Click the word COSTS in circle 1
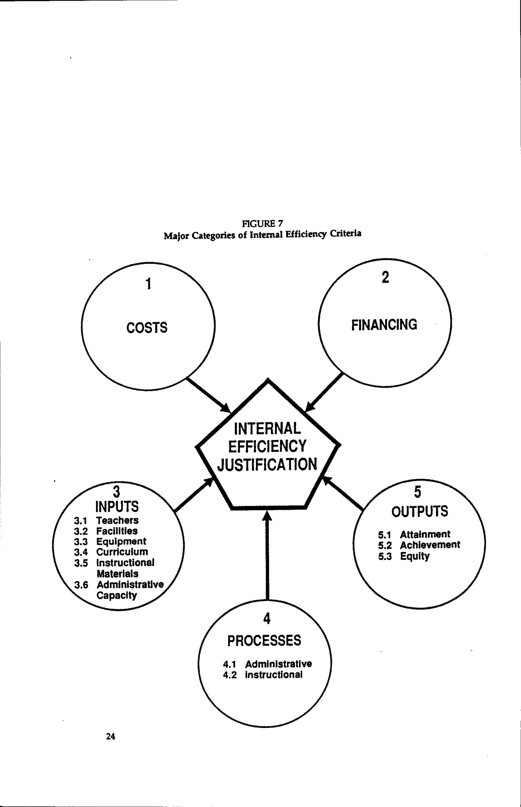click(147, 328)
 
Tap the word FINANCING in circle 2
click(384, 325)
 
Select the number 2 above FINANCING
click(385, 277)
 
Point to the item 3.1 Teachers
click(107, 520)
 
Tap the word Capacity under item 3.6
click(117, 595)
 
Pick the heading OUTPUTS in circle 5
click(419, 511)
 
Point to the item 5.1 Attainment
click(414, 535)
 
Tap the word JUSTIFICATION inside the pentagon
click(267, 464)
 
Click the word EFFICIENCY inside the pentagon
click(267, 446)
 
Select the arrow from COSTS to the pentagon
click(208, 395)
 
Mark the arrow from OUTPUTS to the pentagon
click(343, 493)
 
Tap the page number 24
click(111, 736)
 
